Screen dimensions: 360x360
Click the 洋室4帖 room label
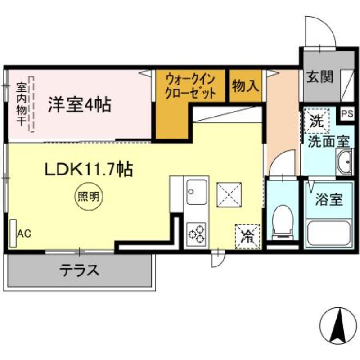point(80,105)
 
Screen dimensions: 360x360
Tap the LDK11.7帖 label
point(88,170)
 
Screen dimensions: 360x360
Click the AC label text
point(24,233)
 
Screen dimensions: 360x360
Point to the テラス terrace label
point(80,270)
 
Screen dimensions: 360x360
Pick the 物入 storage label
point(246,85)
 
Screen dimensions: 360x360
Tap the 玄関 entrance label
point(320,78)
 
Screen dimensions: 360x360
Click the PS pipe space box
point(347,113)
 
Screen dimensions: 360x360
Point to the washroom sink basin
point(345,162)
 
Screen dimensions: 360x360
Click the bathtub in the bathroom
point(328,233)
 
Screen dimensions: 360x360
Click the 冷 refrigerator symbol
point(247,235)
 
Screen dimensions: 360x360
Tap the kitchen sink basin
point(196,193)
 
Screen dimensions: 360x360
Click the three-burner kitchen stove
point(196,233)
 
